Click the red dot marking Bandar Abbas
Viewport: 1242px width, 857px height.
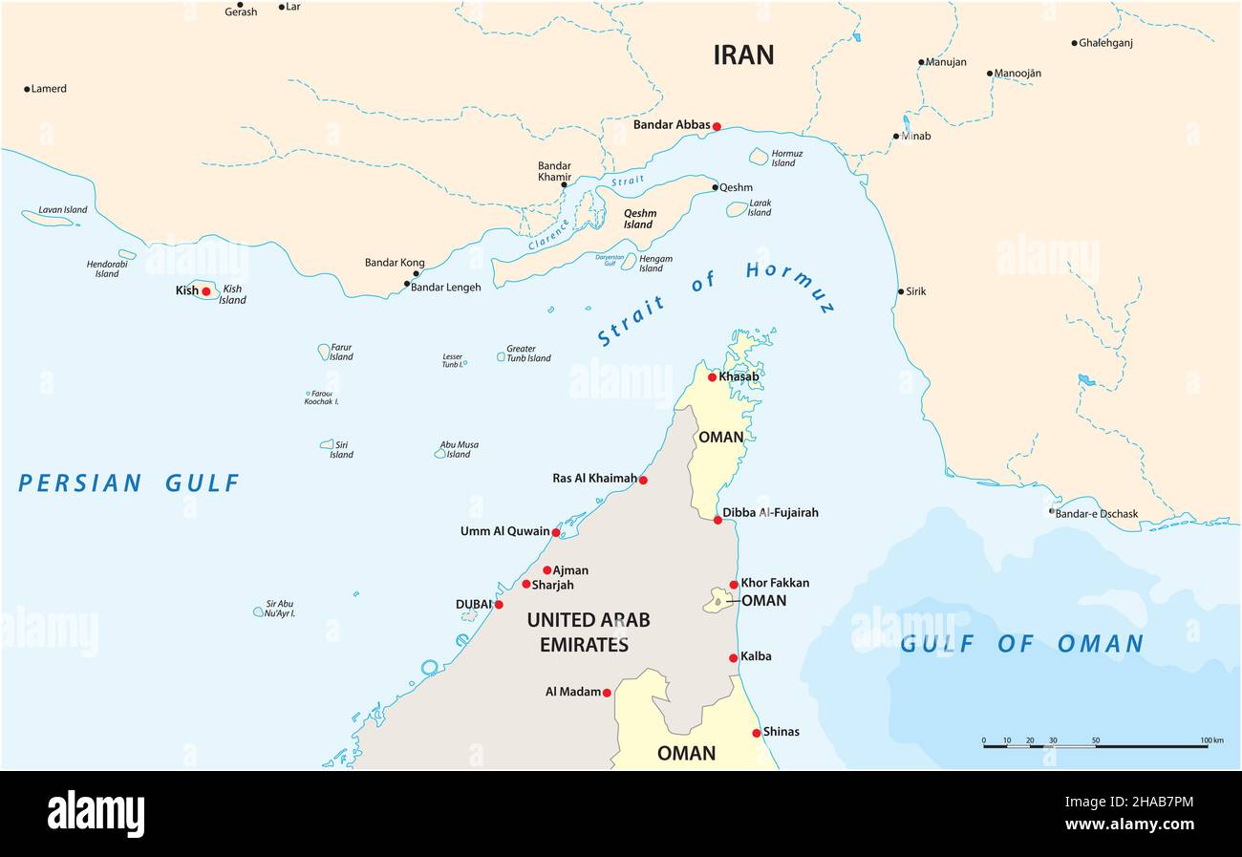(x=717, y=126)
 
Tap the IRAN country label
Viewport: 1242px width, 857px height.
(x=743, y=55)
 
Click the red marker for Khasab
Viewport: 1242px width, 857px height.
(x=712, y=376)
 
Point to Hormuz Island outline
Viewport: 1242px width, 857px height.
(x=759, y=156)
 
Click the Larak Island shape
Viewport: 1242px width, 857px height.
(x=737, y=208)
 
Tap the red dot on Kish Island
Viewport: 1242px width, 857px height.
(x=205, y=291)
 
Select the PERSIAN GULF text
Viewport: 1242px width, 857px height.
(x=129, y=483)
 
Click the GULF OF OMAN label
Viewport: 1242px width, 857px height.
(x=1021, y=644)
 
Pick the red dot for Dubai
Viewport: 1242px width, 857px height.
(x=498, y=604)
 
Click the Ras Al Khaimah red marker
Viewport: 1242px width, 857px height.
(x=643, y=480)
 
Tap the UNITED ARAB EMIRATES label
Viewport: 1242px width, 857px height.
(x=588, y=632)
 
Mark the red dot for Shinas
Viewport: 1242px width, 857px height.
(x=757, y=733)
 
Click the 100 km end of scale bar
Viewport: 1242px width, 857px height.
(x=1207, y=745)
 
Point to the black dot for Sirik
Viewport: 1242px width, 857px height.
(x=900, y=291)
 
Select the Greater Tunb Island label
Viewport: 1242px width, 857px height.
(x=527, y=354)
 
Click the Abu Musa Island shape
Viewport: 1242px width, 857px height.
(x=440, y=453)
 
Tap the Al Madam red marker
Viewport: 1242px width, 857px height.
(x=607, y=693)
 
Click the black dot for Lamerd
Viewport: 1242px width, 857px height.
(x=27, y=89)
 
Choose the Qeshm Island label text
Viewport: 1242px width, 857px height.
(x=638, y=220)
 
